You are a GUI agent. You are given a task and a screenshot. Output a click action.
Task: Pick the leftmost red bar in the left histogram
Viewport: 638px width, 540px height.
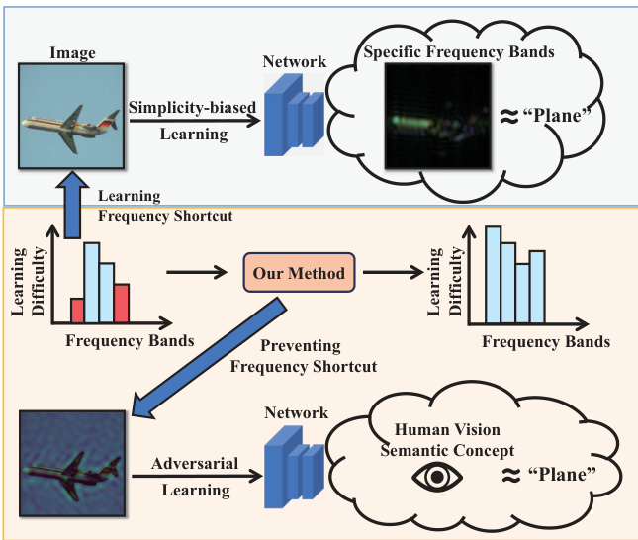(75, 311)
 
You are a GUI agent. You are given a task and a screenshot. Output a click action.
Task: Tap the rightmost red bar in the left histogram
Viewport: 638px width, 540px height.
(121, 304)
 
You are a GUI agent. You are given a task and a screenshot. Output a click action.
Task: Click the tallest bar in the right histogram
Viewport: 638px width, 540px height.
(492, 274)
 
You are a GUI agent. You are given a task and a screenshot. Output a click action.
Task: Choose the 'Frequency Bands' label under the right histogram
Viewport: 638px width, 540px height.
(546, 342)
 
